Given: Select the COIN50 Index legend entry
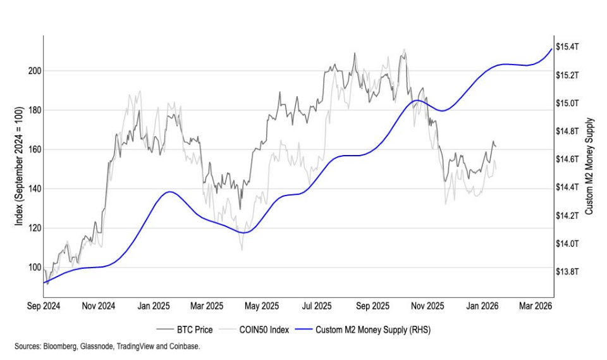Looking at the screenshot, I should [262, 330].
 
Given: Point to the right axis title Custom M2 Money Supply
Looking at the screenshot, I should [589, 166].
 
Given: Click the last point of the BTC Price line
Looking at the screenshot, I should [496, 147].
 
